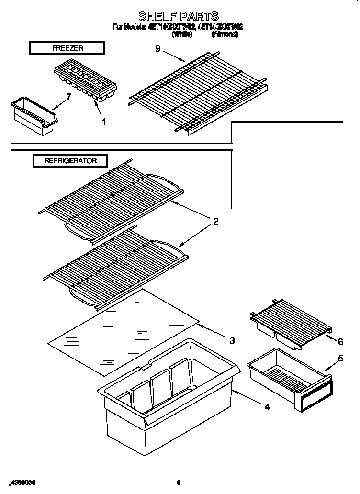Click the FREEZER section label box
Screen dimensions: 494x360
(x=67, y=48)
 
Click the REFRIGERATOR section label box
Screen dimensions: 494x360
(x=70, y=161)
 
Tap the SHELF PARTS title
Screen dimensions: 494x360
(x=178, y=17)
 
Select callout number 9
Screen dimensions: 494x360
(x=157, y=48)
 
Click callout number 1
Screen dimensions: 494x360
(x=104, y=122)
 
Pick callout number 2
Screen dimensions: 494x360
(x=215, y=221)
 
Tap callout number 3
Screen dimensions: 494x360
(x=232, y=341)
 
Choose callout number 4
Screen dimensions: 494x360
(x=267, y=407)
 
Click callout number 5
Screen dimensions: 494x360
(x=340, y=358)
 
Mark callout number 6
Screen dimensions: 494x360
(x=340, y=342)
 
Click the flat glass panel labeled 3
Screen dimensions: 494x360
(x=124, y=331)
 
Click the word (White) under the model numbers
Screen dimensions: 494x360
(x=182, y=34)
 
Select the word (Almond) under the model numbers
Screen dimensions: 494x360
(x=225, y=34)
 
